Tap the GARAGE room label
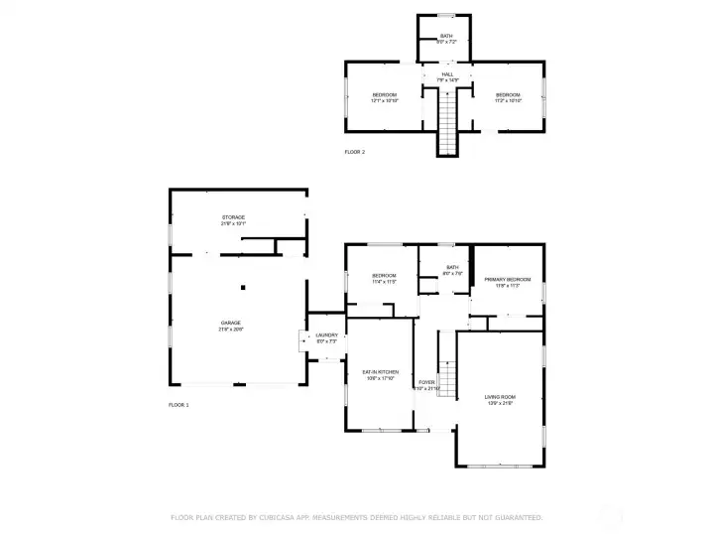coord(231,325)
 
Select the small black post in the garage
coord(242,288)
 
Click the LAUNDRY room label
coord(327,337)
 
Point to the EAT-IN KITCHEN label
coord(380,374)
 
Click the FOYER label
coord(427,384)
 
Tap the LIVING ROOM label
coord(500,398)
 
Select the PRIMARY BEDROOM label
coord(507,282)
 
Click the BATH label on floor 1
coord(452,270)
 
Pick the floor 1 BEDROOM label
coord(384,278)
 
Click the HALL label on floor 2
coord(447,76)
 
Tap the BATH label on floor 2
coord(446,39)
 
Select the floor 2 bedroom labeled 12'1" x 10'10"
coord(384,97)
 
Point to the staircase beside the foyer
coord(446,377)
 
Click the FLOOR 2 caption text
coord(355,152)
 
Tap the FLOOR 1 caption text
coord(178,405)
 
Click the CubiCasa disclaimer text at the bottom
coord(357,517)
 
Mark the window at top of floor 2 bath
coord(446,15)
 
